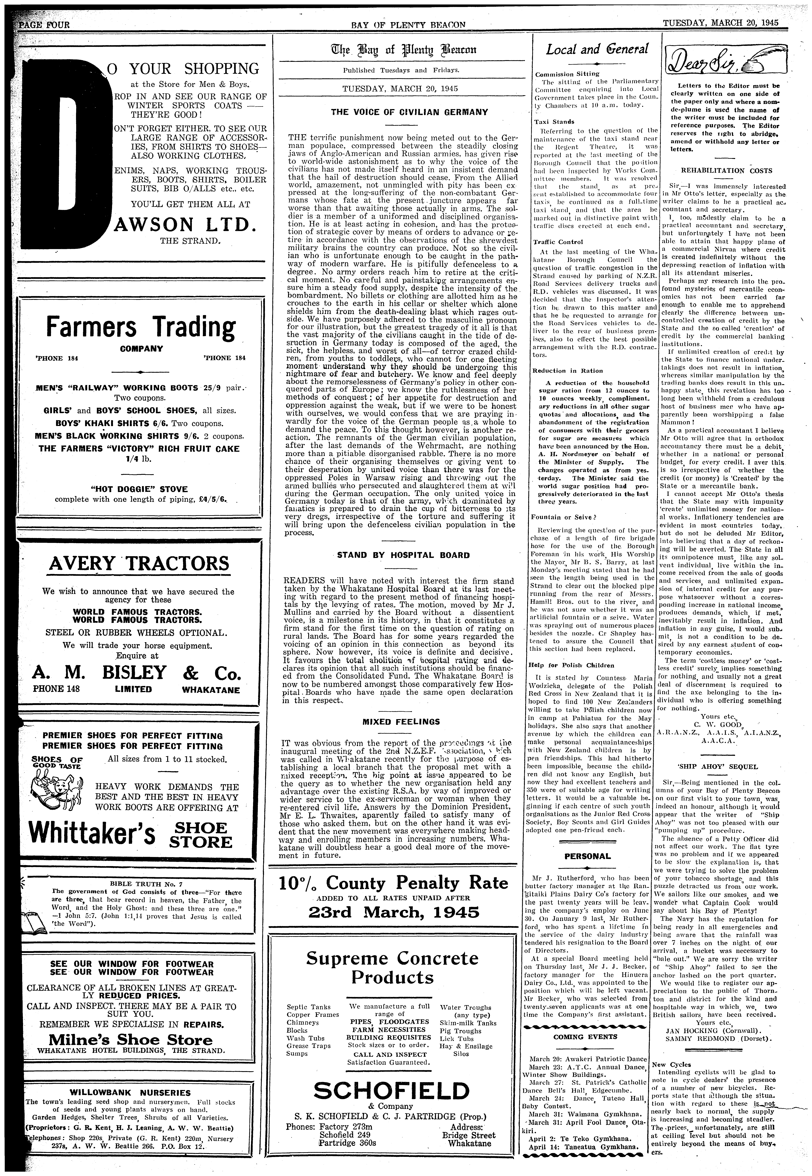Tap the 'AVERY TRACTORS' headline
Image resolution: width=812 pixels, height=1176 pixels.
pos(139,564)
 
